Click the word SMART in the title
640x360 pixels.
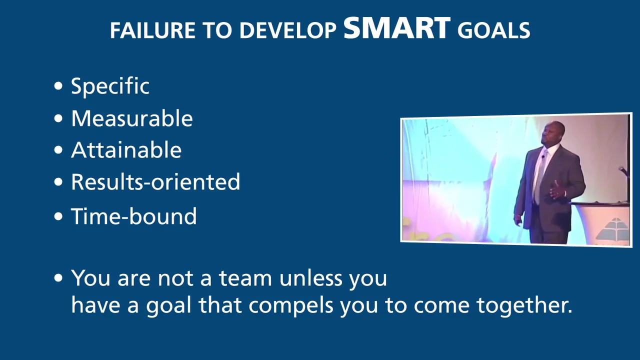pyautogui.click(x=397, y=28)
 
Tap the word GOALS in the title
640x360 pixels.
pyautogui.click(x=493, y=31)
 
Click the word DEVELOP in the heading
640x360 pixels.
pyautogui.click(x=287, y=31)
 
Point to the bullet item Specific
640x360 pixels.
pyautogui.click(x=110, y=86)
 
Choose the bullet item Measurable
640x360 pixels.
pyautogui.click(x=131, y=118)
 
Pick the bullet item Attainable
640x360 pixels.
pyautogui.click(x=126, y=150)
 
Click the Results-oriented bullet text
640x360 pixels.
pyautogui.click(x=155, y=182)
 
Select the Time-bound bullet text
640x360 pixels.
pyautogui.click(x=133, y=216)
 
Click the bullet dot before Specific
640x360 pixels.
pyautogui.click(x=59, y=86)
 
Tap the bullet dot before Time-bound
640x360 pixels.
pyautogui.click(x=59, y=216)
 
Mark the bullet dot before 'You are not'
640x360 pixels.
pyautogui.click(x=59, y=278)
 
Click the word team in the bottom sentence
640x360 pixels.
pyautogui.click(x=246, y=278)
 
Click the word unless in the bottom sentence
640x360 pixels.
pyautogui.click(x=311, y=278)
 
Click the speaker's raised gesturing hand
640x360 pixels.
pyautogui.click(x=556, y=190)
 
